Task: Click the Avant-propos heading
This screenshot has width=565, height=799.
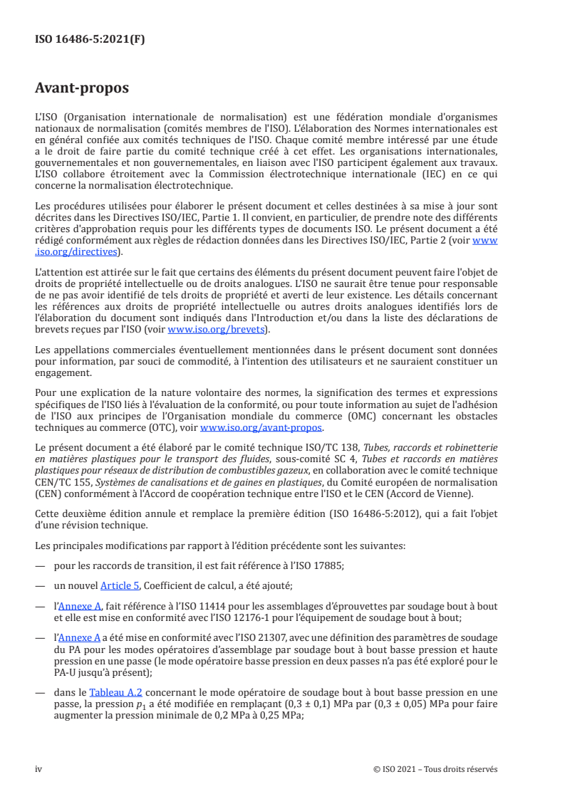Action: tap(82, 88)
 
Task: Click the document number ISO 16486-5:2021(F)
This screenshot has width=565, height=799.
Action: tap(90, 40)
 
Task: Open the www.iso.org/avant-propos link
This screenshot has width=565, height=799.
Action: tap(261, 427)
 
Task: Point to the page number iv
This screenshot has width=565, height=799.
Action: tap(39, 769)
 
